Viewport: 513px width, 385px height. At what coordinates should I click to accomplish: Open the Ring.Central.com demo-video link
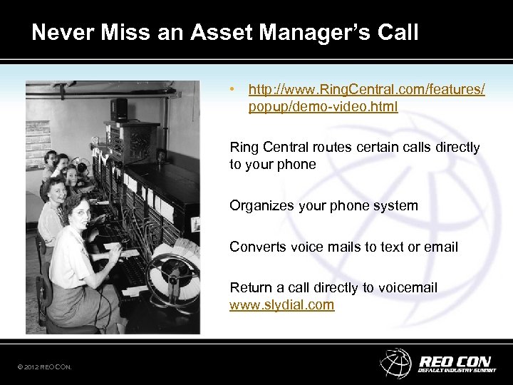(366, 98)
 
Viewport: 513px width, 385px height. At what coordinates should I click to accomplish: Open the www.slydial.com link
(281, 304)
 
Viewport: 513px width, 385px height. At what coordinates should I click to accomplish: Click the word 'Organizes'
(259, 206)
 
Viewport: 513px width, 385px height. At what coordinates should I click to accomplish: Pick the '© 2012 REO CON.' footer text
(45, 367)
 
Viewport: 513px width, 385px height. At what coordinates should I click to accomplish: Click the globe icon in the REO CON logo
(395, 362)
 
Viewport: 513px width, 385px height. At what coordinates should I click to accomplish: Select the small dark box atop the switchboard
(119, 109)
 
